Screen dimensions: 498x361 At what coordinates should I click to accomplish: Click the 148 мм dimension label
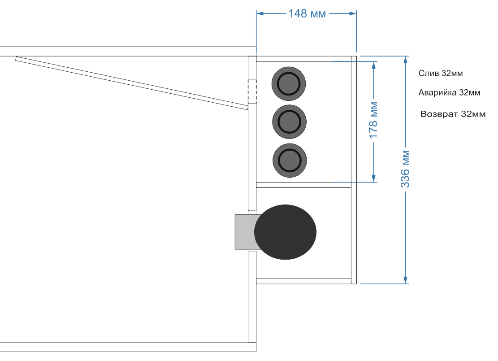pos(307,13)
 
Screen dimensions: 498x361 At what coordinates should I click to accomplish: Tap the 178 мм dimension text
pos(373,120)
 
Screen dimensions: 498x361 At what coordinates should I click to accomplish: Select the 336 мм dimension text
pos(405,169)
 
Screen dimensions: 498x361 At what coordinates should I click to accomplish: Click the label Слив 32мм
pos(441,74)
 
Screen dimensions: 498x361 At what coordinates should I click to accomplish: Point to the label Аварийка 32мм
pos(449,93)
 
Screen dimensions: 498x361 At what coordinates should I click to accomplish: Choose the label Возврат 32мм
pos(453,114)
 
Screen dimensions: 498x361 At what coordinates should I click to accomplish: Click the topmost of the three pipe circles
pos(289,84)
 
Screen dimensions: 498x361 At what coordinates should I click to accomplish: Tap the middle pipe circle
pos(289,122)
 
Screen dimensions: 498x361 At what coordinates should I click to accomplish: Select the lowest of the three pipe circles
pos(290,161)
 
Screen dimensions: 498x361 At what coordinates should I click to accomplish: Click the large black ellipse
pos(285,232)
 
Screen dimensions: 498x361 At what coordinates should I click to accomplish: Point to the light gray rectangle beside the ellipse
pos(245,232)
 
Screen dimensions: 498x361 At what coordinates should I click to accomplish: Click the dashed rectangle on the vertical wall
pos(252,91)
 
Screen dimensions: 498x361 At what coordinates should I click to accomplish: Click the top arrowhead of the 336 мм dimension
pos(405,60)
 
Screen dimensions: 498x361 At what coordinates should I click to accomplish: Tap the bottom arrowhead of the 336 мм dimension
pos(405,280)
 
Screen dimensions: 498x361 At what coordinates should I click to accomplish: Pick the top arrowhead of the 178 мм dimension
pos(374,65)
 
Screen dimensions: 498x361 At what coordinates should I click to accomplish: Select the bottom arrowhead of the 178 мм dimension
pos(374,178)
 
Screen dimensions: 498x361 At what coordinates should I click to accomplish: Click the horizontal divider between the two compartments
pos(303,185)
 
